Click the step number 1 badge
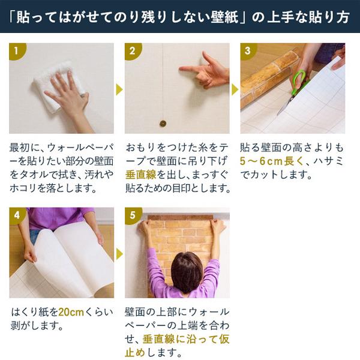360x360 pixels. (x=16, y=50)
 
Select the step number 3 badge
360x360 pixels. (x=247, y=50)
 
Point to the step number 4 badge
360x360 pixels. (x=16, y=215)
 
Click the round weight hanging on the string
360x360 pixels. (x=162, y=123)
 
